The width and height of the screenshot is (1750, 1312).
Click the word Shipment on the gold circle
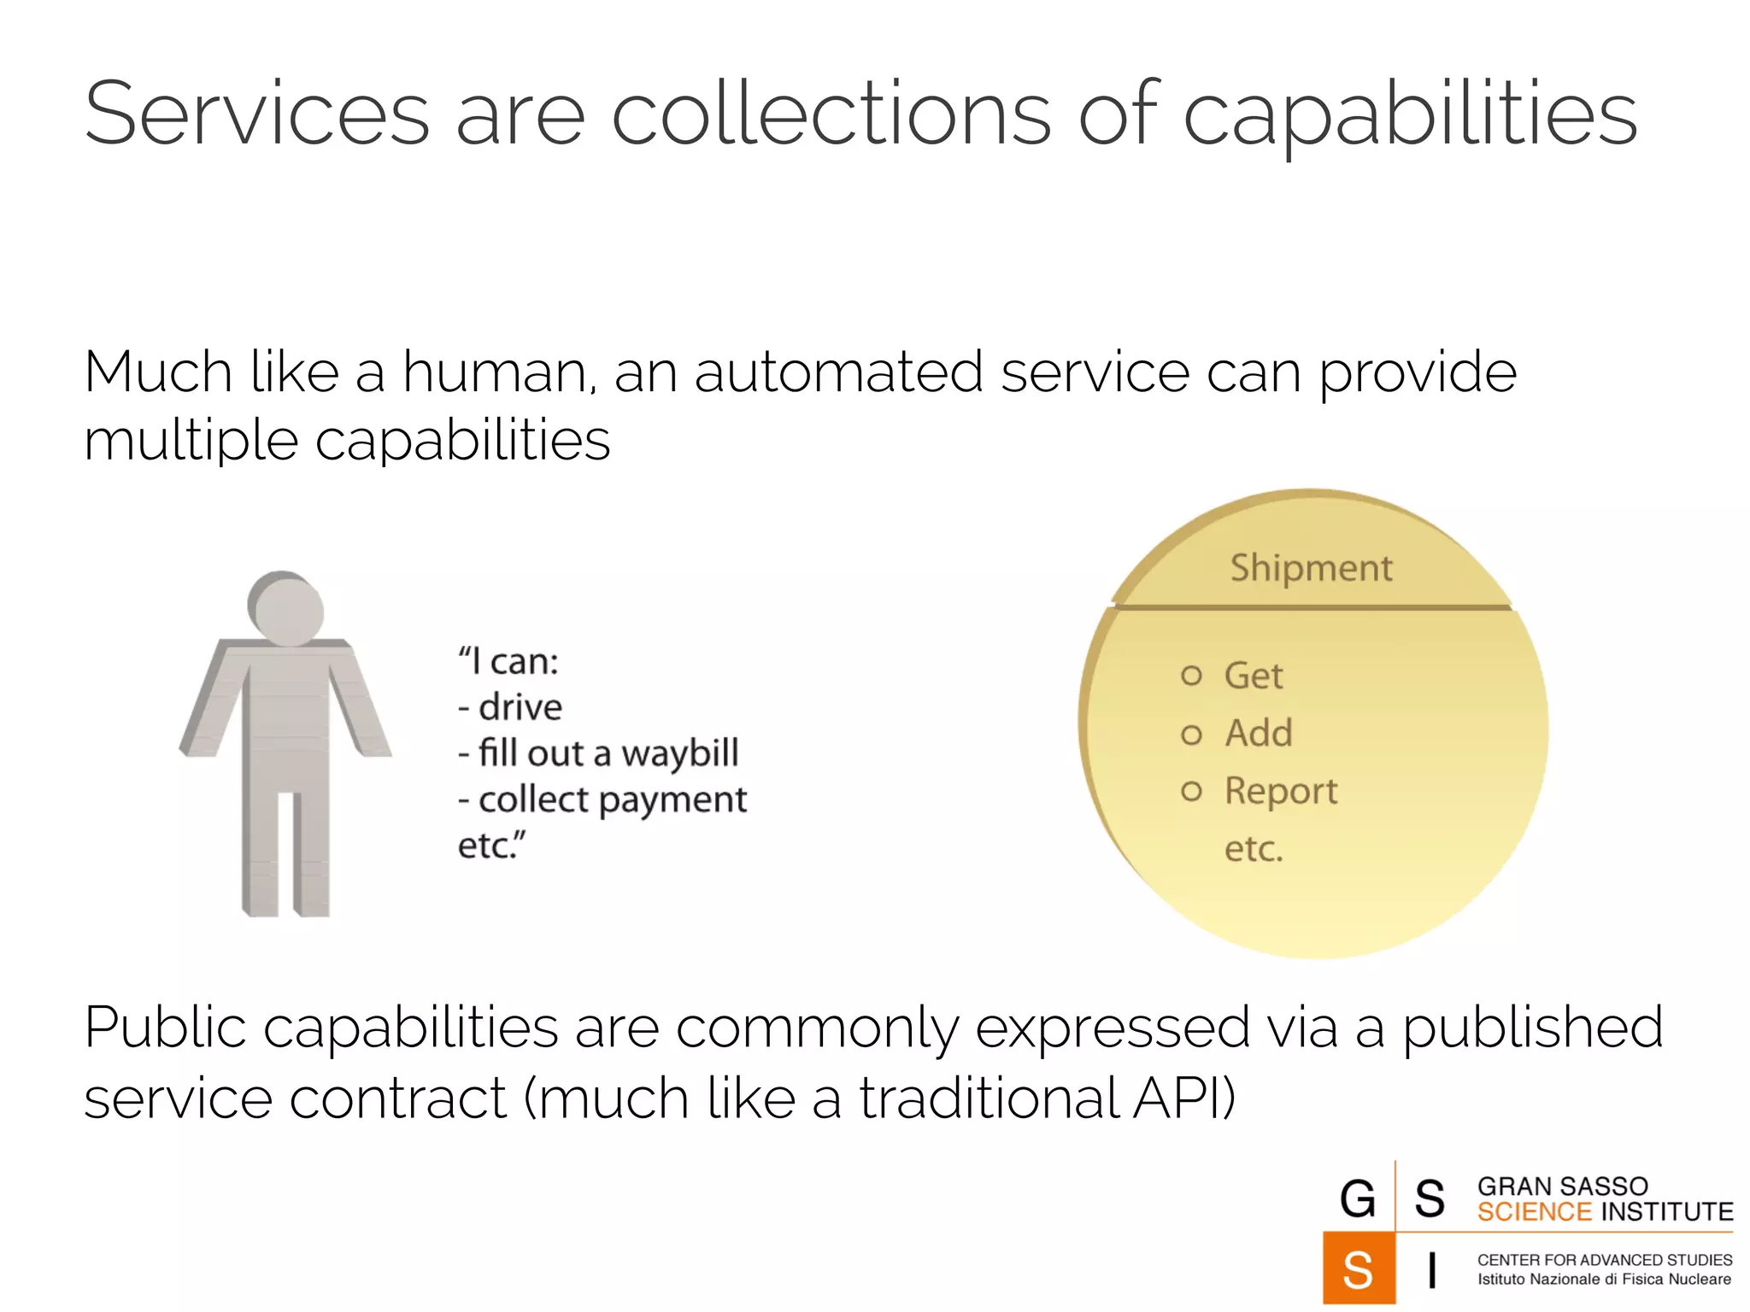(x=1311, y=568)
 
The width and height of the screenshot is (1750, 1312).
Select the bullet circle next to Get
(x=1191, y=676)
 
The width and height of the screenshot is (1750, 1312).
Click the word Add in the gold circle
(x=1258, y=733)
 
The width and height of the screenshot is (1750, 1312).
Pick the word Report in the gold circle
(x=1280, y=791)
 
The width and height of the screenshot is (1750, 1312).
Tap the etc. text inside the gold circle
(x=1254, y=849)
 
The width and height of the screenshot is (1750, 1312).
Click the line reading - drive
(x=510, y=707)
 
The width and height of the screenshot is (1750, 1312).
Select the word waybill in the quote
(x=679, y=753)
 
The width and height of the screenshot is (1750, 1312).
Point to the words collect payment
(x=612, y=800)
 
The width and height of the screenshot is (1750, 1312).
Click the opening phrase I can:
(x=509, y=661)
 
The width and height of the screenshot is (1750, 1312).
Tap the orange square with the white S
(x=1358, y=1268)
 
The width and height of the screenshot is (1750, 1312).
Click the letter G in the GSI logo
(x=1357, y=1198)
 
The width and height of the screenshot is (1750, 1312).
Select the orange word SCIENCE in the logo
(x=1534, y=1212)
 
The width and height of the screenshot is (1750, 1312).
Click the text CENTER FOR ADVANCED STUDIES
(x=1604, y=1260)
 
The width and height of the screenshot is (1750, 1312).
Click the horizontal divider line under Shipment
(x=1311, y=607)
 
